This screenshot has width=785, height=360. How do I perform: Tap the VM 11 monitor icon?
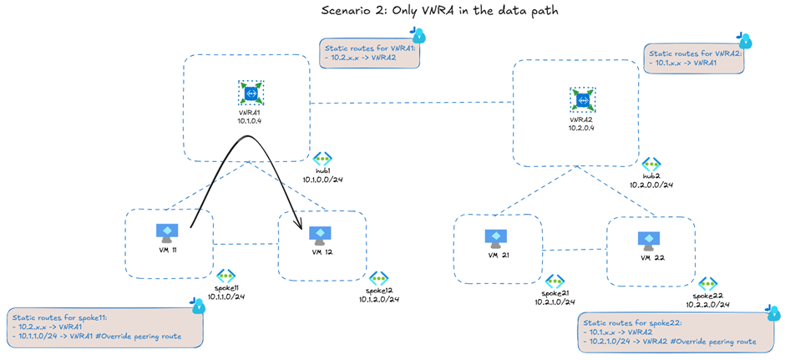(165, 233)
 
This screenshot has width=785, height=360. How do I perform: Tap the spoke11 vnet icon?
(225, 276)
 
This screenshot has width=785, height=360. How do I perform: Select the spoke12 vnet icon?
(378, 278)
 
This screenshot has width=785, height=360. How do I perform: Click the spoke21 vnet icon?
(555, 281)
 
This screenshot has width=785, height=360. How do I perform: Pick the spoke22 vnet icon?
(706, 284)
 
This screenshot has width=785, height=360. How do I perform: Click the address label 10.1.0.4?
(249, 120)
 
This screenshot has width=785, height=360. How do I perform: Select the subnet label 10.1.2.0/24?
(379, 299)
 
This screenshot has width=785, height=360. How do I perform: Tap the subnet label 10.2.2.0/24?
(706, 305)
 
